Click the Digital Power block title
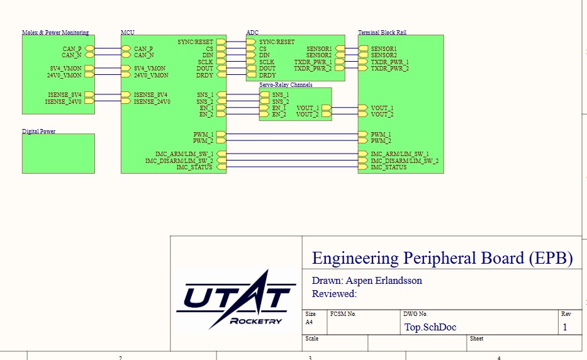(x=38, y=132)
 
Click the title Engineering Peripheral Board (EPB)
(x=442, y=258)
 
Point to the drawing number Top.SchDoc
(x=430, y=327)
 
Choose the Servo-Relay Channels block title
(x=286, y=84)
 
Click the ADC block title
(x=252, y=32)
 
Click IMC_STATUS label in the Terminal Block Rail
(x=388, y=167)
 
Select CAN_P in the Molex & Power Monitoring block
(x=72, y=48)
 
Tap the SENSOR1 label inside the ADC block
(x=319, y=48)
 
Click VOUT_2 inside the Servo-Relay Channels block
(x=308, y=115)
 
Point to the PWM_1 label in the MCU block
(x=203, y=135)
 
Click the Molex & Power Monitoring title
(x=55, y=32)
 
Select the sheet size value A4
(x=309, y=322)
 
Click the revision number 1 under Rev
(x=565, y=327)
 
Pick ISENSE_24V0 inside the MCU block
(x=152, y=101)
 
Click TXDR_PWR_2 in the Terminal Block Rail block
(x=389, y=68)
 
